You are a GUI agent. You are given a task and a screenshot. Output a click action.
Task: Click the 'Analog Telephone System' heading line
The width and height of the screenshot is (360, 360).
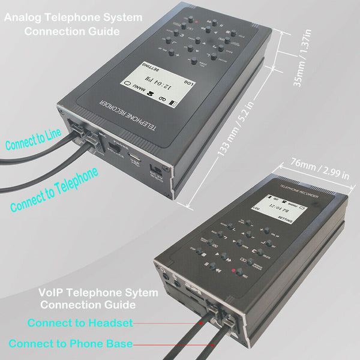pyautogui.click(x=73, y=17)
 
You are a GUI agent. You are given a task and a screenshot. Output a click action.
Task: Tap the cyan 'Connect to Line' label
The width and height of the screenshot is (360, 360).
pyautogui.click(x=32, y=139)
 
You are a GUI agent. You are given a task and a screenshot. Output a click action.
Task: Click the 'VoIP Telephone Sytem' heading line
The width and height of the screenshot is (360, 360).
pyautogui.click(x=98, y=293)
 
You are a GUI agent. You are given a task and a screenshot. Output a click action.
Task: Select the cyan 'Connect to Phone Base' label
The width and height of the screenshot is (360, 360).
pyautogui.click(x=71, y=344)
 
